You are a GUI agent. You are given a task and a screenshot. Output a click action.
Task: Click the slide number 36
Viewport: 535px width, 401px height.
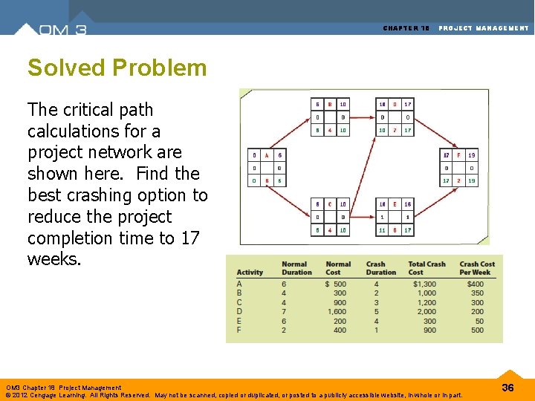(x=508, y=388)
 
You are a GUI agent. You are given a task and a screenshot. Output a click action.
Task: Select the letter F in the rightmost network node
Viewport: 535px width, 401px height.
(x=459, y=155)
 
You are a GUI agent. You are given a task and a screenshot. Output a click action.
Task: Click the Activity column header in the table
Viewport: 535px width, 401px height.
(x=250, y=273)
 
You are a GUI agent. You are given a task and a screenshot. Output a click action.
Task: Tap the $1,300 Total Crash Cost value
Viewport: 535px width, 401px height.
(x=424, y=284)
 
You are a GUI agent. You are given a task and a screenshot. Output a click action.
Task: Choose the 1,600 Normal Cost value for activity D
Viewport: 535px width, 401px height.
(x=336, y=312)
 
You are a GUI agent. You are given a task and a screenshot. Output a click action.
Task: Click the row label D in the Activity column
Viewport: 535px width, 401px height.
(x=239, y=312)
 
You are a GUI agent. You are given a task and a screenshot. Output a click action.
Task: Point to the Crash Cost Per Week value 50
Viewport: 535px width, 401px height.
(x=477, y=321)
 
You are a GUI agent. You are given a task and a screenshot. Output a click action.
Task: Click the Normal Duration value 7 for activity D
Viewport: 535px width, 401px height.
(x=284, y=312)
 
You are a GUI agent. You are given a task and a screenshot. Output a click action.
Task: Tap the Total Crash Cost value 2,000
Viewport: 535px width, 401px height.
(x=426, y=312)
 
